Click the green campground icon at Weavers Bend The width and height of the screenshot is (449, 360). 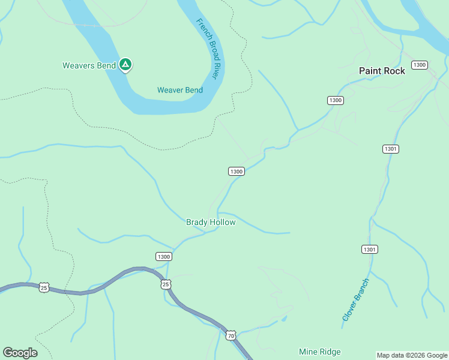click(x=125, y=64)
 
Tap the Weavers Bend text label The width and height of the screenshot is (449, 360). click(x=89, y=65)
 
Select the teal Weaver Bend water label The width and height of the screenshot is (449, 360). click(x=179, y=90)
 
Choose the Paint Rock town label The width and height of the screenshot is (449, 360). click(x=382, y=71)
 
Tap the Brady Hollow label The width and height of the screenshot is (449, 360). click(x=211, y=222)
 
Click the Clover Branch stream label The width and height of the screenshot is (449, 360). click(x=355, y=299)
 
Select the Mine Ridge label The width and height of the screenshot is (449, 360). click(x=319, y=352)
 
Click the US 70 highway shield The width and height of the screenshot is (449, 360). click(x=231, y=335)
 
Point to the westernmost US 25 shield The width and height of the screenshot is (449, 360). click(x=44, y=288)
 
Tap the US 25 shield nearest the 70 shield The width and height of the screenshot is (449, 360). click(x=166, y=284)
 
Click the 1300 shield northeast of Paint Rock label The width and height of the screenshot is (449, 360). click(x=420, y=65)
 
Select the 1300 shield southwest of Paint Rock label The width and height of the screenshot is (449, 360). click(x=336, y=100)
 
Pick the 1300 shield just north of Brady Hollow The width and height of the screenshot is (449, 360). click(x=236, y=172)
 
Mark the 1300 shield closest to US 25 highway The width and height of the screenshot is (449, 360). click(x=163, y=256)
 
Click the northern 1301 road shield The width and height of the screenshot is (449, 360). click(x=390, y=149)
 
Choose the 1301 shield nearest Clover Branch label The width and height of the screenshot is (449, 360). click(x=370, y=249)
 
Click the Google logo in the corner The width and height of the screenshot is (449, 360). click(x=20, y=352)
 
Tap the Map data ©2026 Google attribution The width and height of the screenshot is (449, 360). click(x=411, y=355)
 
